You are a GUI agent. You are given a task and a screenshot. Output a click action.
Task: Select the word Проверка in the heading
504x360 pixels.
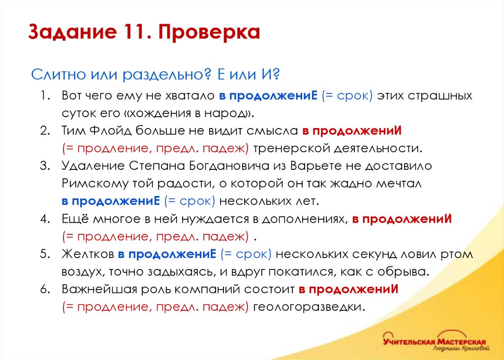[x=209, y=33]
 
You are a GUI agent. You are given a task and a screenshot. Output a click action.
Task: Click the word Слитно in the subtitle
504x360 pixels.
[x=58, y=75]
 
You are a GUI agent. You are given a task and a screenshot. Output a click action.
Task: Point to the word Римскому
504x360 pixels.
[x=90, y=184]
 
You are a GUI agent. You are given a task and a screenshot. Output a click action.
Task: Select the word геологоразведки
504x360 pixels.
[x=309, y=307]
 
